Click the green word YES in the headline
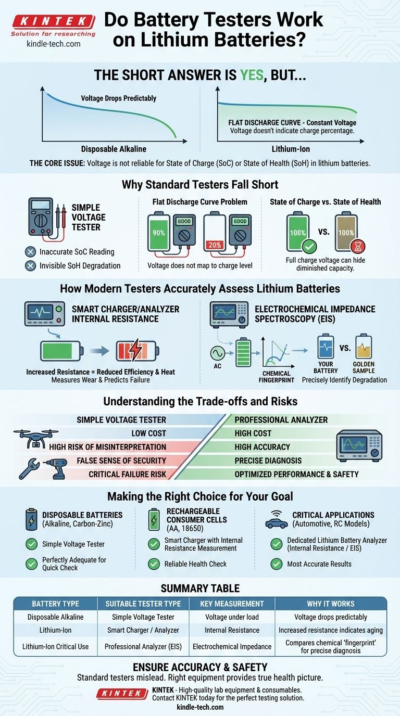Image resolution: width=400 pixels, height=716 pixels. pyautogui.click(x=252, y=75)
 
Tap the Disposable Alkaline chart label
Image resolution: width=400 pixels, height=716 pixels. pyautogui.click(x=114, y=149)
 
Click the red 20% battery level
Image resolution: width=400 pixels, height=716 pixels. pyautogui.click(x=215, y=245)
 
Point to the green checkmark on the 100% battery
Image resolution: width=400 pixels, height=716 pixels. pyautogui.click(x=309, y=246)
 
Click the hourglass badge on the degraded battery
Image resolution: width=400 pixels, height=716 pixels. pyautogui.click(x=358, y=246)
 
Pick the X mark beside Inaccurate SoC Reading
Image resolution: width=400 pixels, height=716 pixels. pyautogui.click(x=30, y=252)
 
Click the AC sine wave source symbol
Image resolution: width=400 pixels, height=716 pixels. pyautogui.click(x=217, y=353)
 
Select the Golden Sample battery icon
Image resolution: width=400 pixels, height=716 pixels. pyautogui.click(x=364, y=347)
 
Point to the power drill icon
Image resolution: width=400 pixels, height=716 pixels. pyautogui.click(x=56, y=468)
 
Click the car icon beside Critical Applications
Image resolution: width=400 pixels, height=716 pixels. pyautogui.click(x=277, y=523)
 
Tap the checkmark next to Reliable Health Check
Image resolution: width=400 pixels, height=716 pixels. pyautogui.click(x=154, y=564)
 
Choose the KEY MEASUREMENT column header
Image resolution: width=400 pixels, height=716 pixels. pyautogui.click(x=232, y=604)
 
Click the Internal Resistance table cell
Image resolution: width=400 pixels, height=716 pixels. pyautogui.click(x=232, y=630)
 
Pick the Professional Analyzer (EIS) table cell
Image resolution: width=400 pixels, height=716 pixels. pyautogui.click(x=143, y=646)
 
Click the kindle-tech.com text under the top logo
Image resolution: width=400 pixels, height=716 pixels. pyautogui.click(x=54, y=44)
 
